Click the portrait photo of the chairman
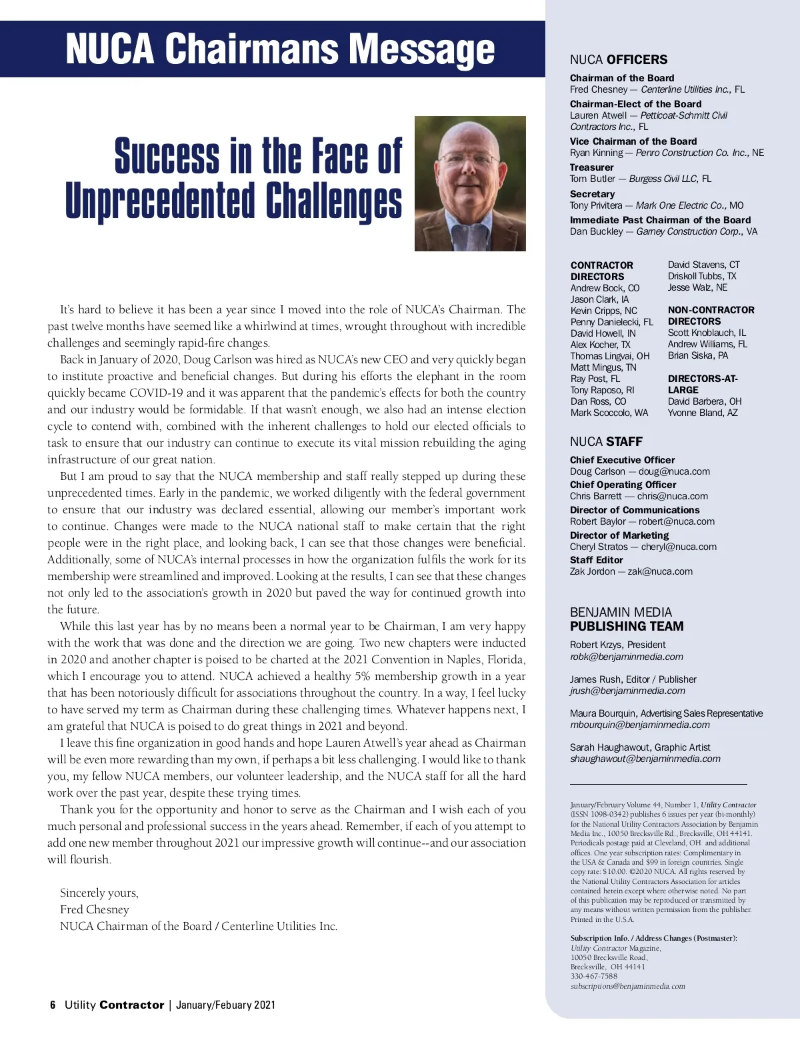coord(470,183)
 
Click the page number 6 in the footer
coord(53,1005)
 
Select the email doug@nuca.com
coord(674,471)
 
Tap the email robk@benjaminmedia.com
coord(626,657)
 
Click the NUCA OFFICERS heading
coord(618,60)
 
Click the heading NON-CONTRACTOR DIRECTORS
coord(711,315)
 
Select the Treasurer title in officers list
coord(591,167)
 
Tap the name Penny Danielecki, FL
coord(611,322)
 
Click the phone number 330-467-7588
coord(594,976)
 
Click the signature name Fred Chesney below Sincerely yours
coord(94,909)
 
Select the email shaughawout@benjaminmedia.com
coord(645,759)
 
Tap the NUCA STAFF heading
coord(606,441)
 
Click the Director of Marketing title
coord(619,535)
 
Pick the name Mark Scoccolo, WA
coord(609,413)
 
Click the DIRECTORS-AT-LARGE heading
coord(702,384)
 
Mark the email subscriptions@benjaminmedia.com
coord(627,986)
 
